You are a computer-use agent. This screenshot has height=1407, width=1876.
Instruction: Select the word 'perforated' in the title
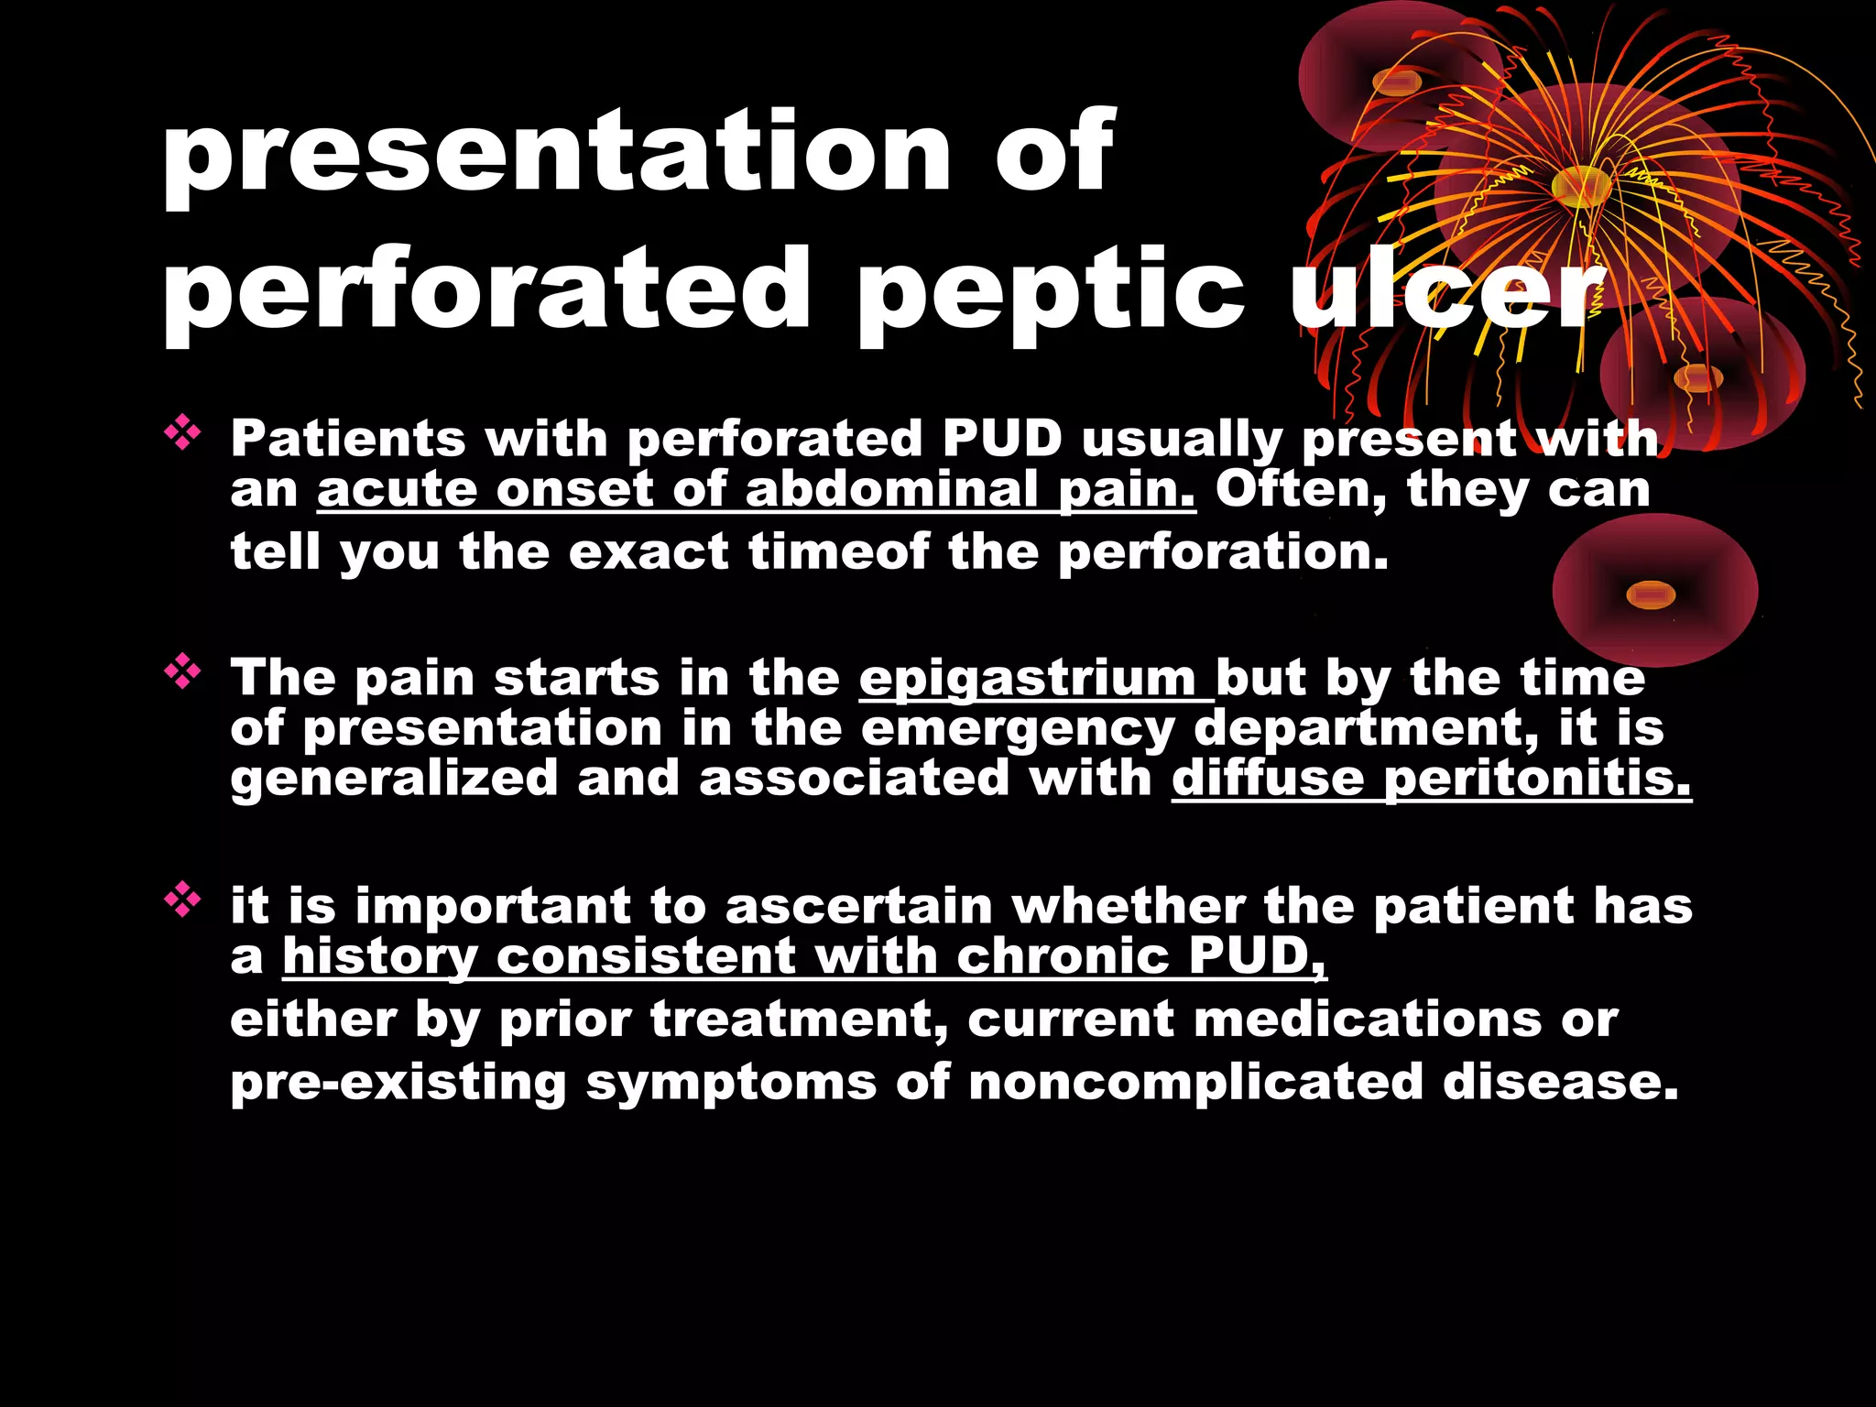click(x=486, y=291)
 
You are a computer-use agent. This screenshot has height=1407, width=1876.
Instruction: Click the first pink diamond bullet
click(x=182, y=433)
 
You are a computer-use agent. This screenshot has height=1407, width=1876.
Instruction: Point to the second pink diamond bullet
click(x=182, y=672)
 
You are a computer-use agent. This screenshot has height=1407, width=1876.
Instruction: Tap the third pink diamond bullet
click(x=182, y=900)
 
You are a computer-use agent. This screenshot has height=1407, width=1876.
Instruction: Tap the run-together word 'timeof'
click(x=838, y=552)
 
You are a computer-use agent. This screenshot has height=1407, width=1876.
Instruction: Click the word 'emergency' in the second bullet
click(x=1018, y=729)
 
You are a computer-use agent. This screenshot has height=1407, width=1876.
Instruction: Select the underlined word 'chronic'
click(x=1063, y=957)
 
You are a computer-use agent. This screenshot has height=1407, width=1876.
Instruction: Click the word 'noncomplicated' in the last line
click(x=1195, y=1082)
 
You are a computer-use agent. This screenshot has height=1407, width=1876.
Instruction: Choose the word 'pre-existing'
click(x=398, y=1082)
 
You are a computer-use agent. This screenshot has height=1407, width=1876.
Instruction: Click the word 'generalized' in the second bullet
click(x=394, y=779)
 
